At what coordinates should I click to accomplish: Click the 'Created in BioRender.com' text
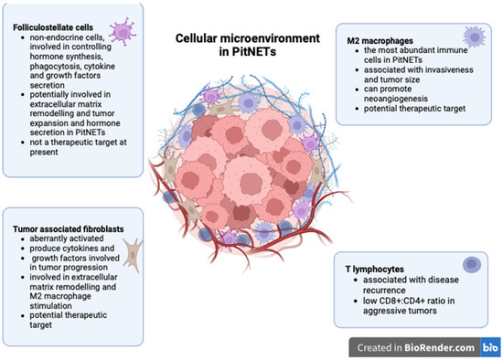[x=409, y=346]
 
